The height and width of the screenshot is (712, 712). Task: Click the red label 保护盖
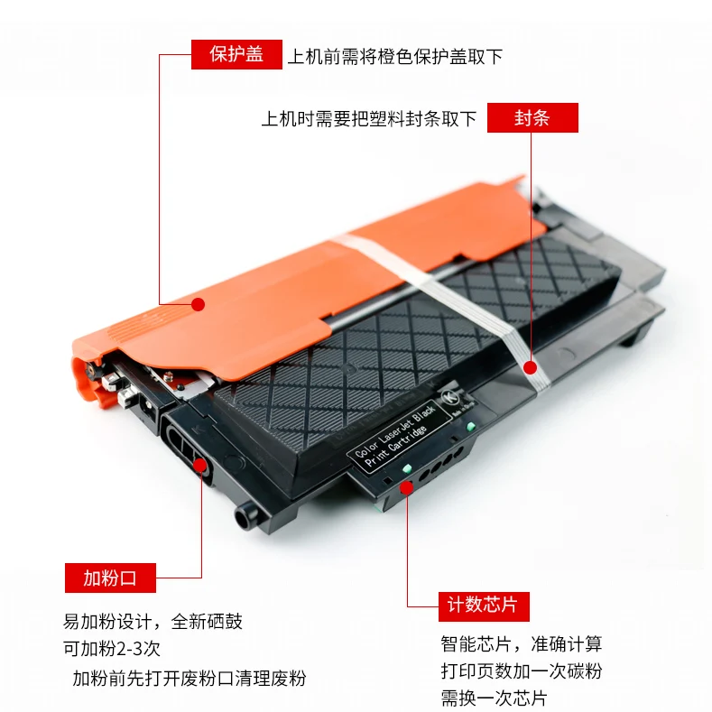coord(236,54)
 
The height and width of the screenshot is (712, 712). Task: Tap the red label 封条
coord(532,118)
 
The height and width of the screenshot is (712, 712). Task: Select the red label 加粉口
coord(110,578)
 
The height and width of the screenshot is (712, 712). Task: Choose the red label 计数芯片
coord(483,605)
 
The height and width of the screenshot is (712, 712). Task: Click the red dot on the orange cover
coord(198,304)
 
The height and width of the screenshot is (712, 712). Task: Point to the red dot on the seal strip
coord(531,367)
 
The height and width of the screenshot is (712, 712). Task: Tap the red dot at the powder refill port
coord(201,466)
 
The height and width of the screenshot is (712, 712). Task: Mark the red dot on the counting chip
coord(406,486)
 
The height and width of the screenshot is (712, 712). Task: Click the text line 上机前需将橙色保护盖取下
coord(394,56)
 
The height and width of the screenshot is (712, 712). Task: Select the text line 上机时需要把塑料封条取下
coord(368,119)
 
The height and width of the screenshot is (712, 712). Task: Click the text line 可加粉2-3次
coord(112,650)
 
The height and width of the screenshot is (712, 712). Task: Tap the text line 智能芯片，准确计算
coord(521,644)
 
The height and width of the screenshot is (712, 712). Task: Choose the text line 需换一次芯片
coord(494,698)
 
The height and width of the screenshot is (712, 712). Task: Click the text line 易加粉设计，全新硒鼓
coord(153,622)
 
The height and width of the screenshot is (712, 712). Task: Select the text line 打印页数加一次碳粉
coord(521,671)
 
